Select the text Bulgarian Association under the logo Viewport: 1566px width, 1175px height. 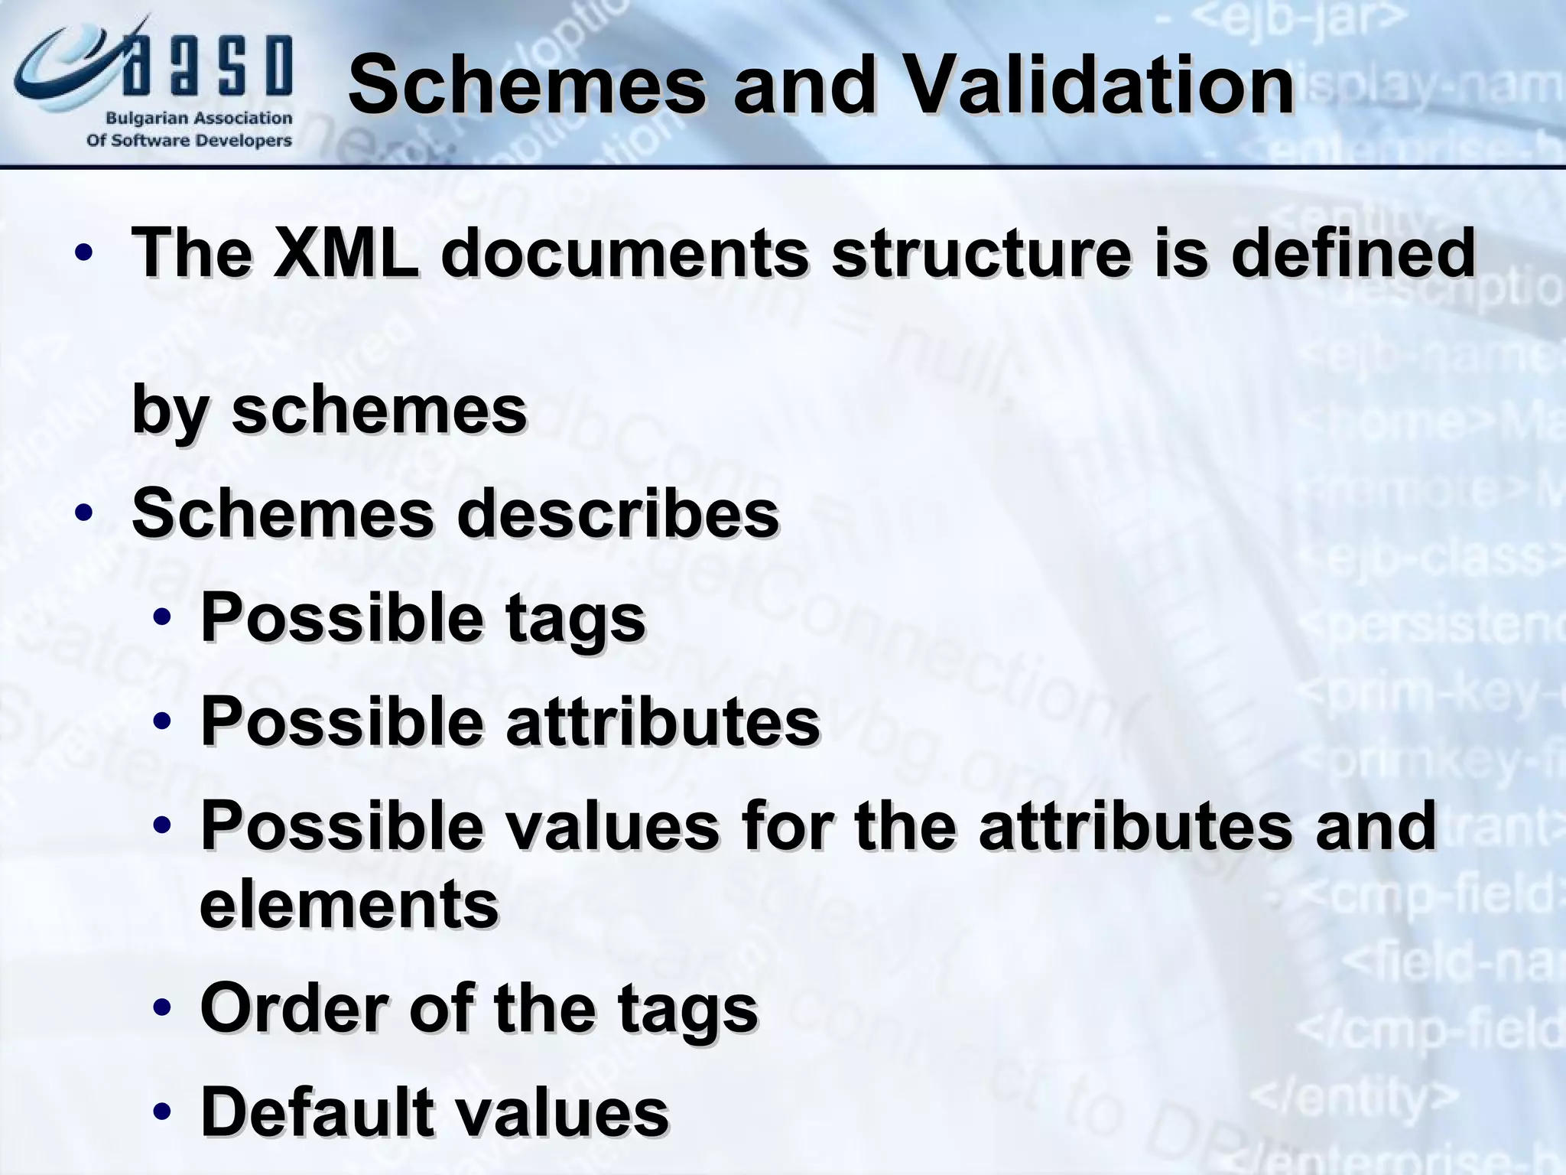coord(198,119)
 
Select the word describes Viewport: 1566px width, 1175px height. coord(618,513)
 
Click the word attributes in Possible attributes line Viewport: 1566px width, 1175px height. coord(663,721)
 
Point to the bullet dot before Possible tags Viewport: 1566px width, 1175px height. coord(161,619)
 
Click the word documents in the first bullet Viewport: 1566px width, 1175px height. coord(625,253)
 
